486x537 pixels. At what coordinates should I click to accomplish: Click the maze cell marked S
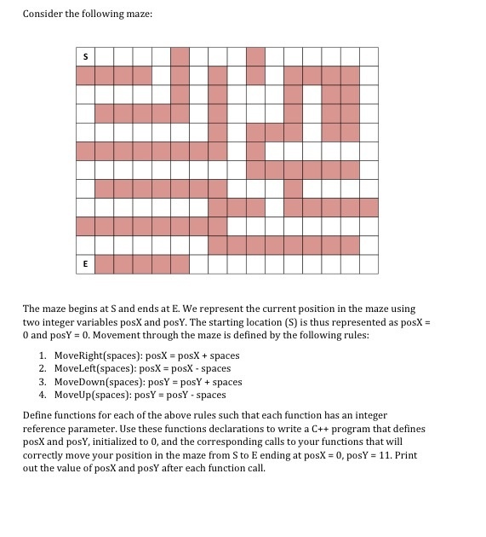point(85,56)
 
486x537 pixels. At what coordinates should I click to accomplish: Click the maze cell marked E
point(85,264)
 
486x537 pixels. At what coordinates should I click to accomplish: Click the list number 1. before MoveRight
point(43,355)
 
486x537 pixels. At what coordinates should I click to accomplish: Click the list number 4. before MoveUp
point(43,395)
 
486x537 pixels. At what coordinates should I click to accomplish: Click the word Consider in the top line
point(43,14)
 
